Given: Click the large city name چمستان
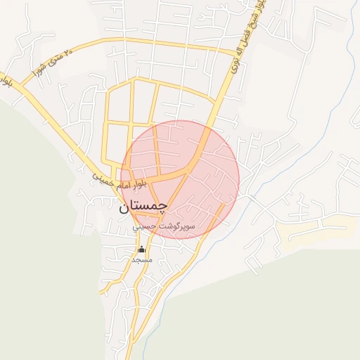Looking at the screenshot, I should [x=144, y=205].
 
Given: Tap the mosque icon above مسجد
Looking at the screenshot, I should [x=141, y=249].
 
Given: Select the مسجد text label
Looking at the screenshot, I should [x=141, y=259].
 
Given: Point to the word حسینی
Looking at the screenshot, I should [x=144, y=228].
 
